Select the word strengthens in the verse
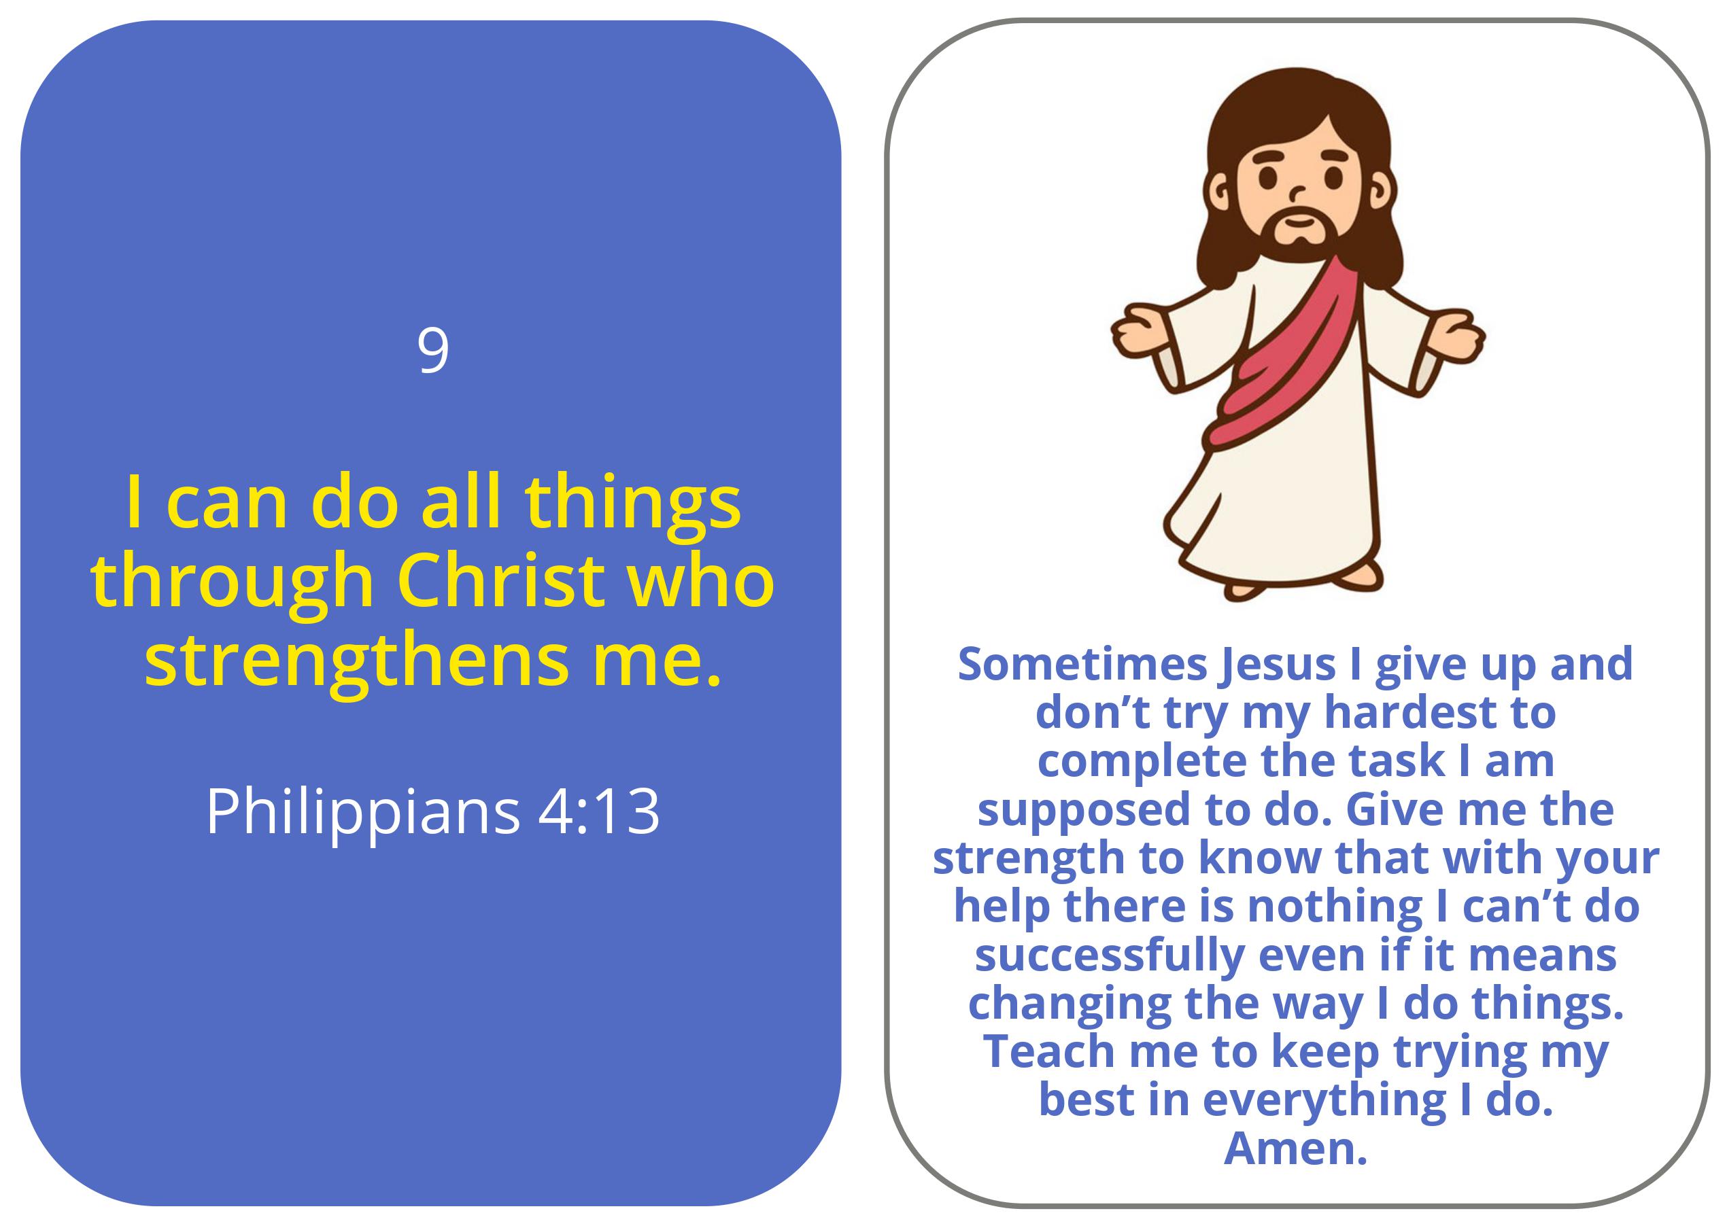point(356,662)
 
